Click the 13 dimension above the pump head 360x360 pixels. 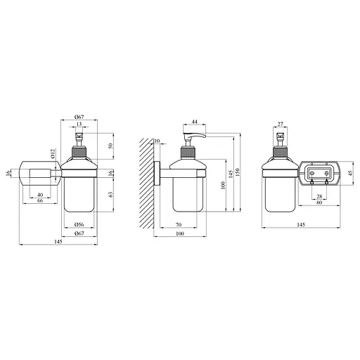click(x=79, y=124)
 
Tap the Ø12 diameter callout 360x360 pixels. click(x=53, y=154)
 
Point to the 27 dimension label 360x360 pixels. click(x=281, y=124)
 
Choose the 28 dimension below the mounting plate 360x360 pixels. click(x=319, y=196)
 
